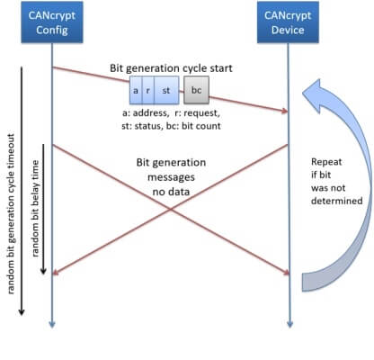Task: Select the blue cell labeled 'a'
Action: pyautogui.click(x=137, y=92)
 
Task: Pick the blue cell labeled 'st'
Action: pyautogui.click(x=166, y=92)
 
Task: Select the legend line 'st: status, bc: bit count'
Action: pyautogui.click(x=171, y=127)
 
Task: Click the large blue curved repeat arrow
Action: pyautogui.click(x=346, y=180)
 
